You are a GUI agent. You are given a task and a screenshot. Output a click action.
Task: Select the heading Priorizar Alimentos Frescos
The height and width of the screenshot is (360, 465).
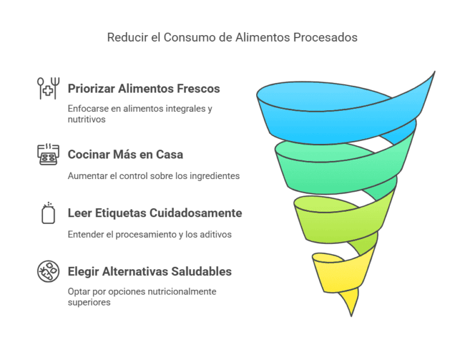143,89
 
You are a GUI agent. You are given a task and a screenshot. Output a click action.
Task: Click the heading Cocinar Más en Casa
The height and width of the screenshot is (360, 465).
125,155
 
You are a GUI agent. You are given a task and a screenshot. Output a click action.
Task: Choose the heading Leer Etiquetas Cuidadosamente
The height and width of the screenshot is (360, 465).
155,213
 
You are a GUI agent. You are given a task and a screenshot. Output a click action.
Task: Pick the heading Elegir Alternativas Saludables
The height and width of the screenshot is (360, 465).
150,272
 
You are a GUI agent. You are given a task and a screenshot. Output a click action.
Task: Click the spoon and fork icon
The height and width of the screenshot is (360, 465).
47,88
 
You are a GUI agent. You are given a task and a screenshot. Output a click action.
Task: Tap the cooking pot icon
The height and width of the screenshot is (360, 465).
48,155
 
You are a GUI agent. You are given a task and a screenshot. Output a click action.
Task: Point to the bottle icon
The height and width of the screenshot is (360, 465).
48,214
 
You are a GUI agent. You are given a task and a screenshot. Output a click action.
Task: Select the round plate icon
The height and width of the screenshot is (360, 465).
48,272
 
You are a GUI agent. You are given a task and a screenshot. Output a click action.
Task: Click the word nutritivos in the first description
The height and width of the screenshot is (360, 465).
87,120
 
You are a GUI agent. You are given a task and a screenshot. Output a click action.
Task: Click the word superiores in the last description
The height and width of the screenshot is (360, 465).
89,302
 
